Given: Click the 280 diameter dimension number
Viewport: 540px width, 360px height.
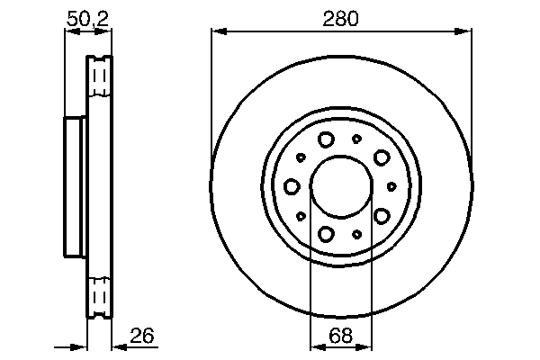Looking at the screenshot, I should click(x=342, y=17).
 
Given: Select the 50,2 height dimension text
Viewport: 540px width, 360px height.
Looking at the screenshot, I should click(x=88, y=17).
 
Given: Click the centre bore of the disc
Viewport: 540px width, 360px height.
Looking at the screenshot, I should click(x=340, y=186).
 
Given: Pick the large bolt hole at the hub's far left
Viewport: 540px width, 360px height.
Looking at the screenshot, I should click(x=292, y=186).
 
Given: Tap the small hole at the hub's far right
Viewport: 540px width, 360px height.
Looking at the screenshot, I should click(x=391, y=186).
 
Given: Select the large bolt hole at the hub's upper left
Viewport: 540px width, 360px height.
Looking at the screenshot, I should click(x=326, y=139).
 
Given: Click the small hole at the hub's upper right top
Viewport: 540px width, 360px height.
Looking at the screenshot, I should click(x=356, y=139).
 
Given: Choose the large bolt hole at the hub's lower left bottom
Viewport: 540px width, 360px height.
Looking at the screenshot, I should click(x=326, y=234).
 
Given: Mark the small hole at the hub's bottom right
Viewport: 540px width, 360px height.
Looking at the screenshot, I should click(x=357, y=234).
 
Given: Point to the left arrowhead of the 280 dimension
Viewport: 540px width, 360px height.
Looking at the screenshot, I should click(x=217, y=32).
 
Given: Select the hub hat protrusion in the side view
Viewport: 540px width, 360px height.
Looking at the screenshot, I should click(x=76, y=186).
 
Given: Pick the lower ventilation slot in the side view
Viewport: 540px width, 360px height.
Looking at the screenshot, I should click(x=99, y=297).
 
